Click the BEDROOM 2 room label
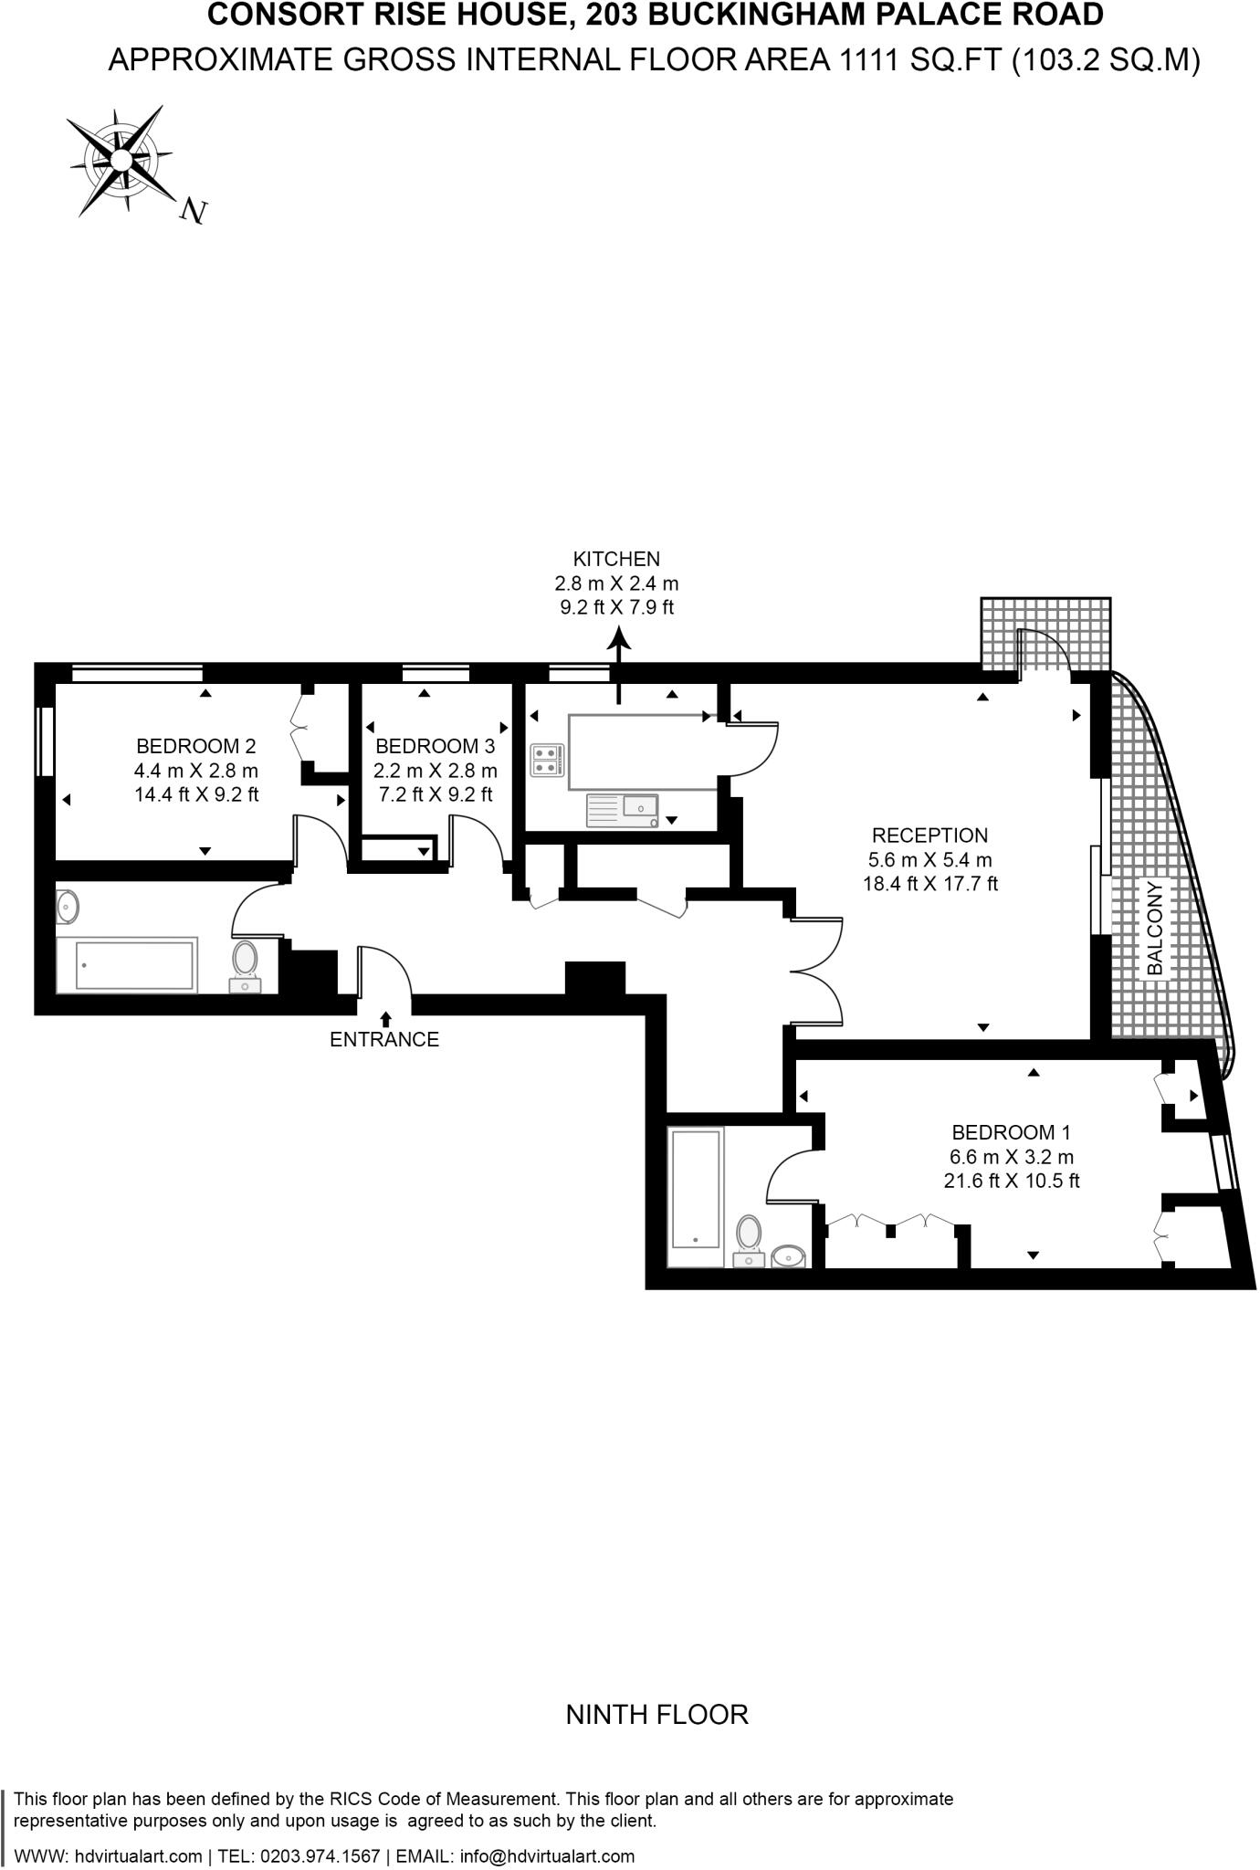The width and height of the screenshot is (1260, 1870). (x=195, y=746)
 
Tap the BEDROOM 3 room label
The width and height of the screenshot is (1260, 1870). (x=436, y=746)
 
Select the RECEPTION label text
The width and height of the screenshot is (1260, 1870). (x=929, y=835)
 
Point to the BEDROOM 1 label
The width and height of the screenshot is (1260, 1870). (x=1011, y=1132)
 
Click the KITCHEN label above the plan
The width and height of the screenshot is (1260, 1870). (x=616, y=559)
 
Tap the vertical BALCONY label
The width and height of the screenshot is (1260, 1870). (x=1155, y=928)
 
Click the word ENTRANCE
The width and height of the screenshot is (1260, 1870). (x=384, y=1039)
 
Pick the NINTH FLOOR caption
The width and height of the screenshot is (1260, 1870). (x=656, y=1714)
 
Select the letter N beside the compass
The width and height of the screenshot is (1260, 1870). (x=193, y=211)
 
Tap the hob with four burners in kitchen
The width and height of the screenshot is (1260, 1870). (x=548, y=760)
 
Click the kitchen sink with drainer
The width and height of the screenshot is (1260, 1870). (x=622, y=810)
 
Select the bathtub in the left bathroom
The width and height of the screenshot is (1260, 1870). (x=127, y=965)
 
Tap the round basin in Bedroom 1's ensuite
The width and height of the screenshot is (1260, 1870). (x=788, y=1256)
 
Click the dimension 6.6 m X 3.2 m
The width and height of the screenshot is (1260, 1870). (x=1011, y=1157)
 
